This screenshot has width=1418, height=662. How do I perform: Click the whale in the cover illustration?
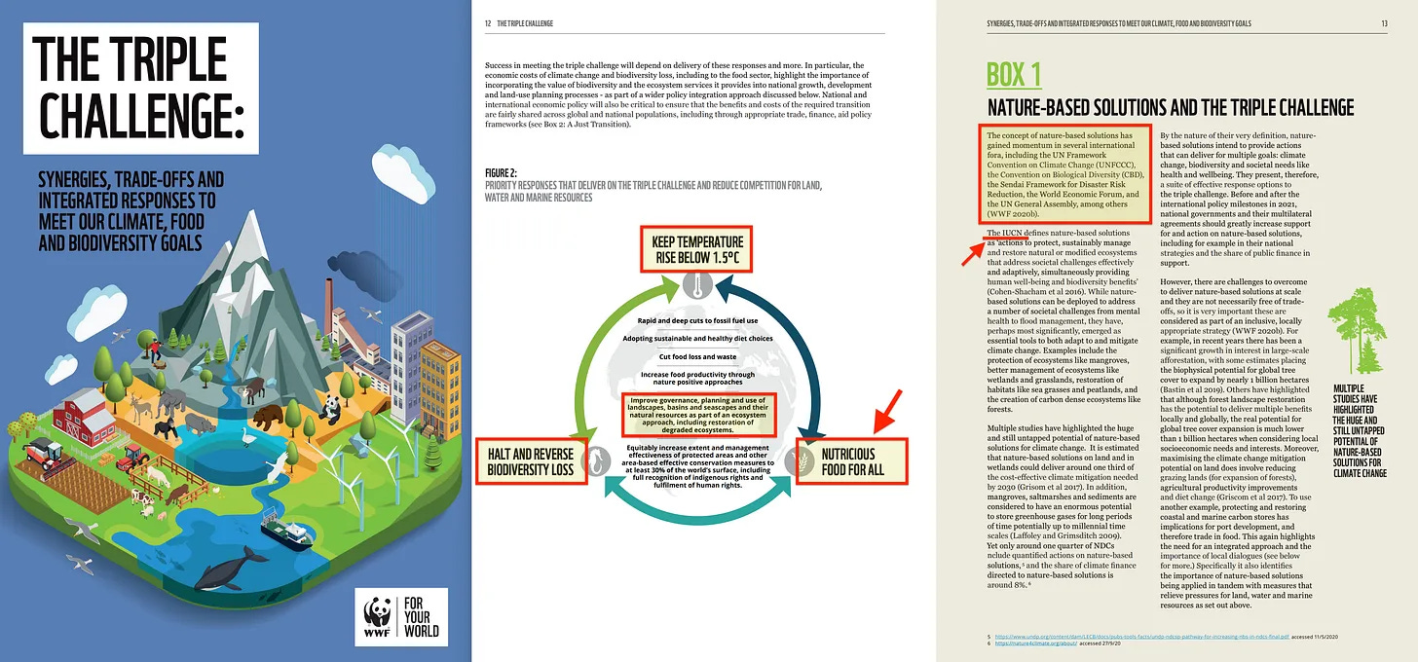tap(231, 568)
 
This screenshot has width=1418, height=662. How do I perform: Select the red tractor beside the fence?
tap(41, 455)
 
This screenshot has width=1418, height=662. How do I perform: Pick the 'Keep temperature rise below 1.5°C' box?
tap(691, 251)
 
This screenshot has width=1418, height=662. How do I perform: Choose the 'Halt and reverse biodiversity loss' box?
tap(532, 461)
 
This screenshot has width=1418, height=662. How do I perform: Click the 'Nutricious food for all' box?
tap(851, 461)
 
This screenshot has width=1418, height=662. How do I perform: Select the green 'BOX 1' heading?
tap(1014, 75)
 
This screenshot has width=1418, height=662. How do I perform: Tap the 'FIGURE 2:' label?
tap(502, 173)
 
